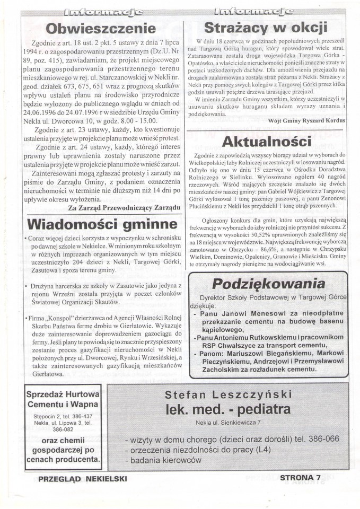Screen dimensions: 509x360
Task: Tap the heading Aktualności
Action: click(x=266, y=142)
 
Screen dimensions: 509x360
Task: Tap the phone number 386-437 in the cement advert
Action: click(x=81, y=416)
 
